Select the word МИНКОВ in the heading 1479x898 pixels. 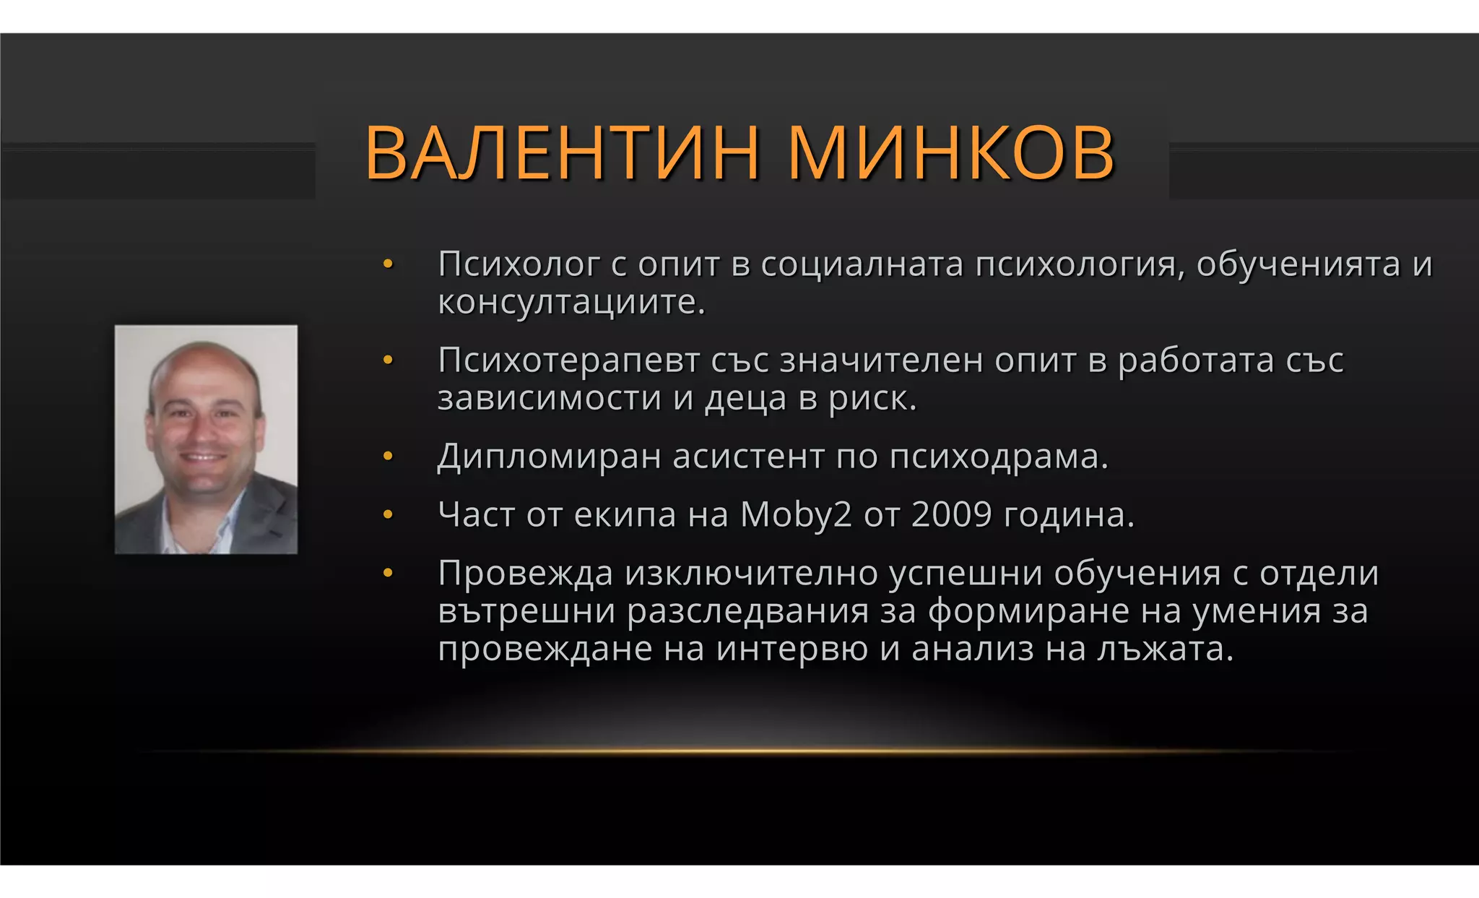point(952,153)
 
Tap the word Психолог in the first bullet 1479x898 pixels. point(519,264)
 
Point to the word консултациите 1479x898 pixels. point(571,302)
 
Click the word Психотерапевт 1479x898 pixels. point(568,361)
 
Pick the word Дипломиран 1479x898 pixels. point(549,457)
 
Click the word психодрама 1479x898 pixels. point(998,457)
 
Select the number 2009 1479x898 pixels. point(952,515)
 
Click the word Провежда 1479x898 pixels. point(526,574)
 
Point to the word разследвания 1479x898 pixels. point(747,611)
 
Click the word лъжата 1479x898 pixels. point(1164,649)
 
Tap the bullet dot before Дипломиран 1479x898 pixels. point(388,457)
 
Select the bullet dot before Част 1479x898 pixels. point(388,515)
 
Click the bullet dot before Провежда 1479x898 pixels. point(388,574)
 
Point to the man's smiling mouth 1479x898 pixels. point(201,458)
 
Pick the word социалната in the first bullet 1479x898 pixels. point(862,264)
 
